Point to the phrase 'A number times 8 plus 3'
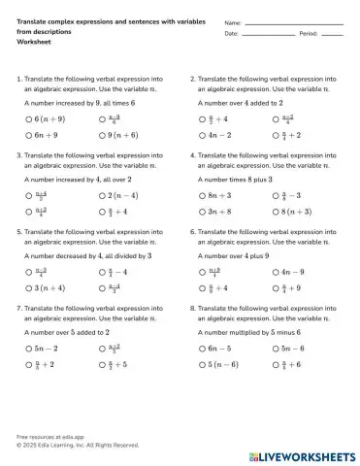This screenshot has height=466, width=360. (x=235, y=179)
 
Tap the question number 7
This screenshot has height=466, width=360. (x=18, y=307)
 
